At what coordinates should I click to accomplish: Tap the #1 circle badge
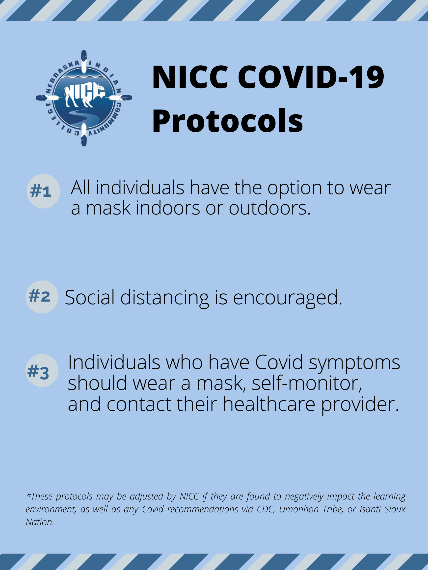coord(43,191)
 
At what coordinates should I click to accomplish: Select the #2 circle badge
coord(42,297)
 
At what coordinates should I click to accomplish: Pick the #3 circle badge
coord(42,371)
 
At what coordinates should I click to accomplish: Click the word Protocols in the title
coord(228,121)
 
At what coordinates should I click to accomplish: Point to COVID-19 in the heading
coord(311,77)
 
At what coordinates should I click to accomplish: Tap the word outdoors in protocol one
coord(269,209)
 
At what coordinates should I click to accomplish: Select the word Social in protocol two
coord(90,297)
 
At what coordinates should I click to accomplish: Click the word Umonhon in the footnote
coord(299,509)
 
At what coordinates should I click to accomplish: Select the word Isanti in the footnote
coord(370,509)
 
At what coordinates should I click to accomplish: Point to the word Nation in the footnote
coord(40,522)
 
